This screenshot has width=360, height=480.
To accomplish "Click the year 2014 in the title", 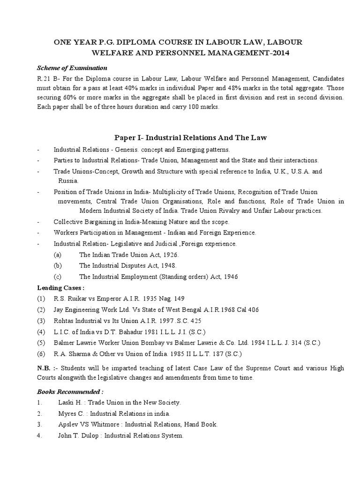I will point(280,53).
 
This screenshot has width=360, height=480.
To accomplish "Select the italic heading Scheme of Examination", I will point(72,68).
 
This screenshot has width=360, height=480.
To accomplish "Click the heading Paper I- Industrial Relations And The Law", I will point(191,137).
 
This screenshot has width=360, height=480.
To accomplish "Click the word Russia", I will point(68,180).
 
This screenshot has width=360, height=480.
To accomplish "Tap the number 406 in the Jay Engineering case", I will point(252,310).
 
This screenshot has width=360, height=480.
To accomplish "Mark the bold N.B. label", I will point(44,368).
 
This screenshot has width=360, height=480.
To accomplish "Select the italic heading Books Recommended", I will point(70,391).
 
